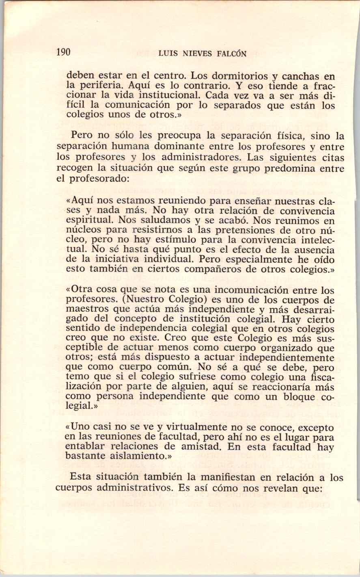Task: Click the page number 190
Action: (64, 52)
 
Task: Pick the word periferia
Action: (102, 86)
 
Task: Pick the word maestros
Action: (85, 310)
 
